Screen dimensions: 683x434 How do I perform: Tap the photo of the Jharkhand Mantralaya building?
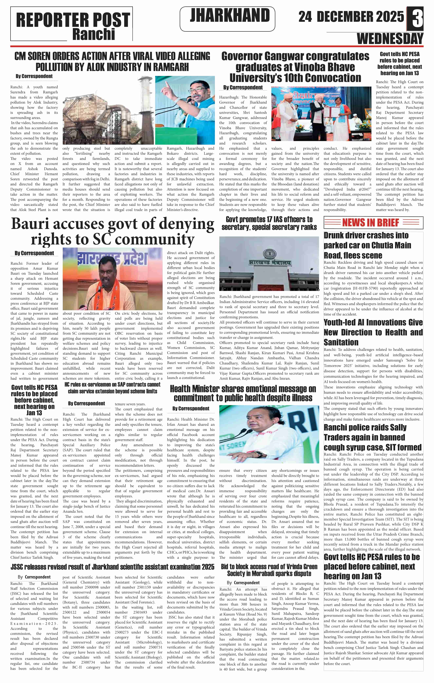pyautogui.click(x=269, y=263)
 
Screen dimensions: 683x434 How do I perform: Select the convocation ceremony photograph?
pyautogui.click(x=321, y=114)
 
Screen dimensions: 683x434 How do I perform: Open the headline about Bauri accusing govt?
pyautogui.click(x=113, y=231)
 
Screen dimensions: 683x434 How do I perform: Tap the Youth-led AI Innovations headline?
pyautogui.click(x=373, y=332)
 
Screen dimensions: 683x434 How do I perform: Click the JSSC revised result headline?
pyautogui.click(x=112, y=567)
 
